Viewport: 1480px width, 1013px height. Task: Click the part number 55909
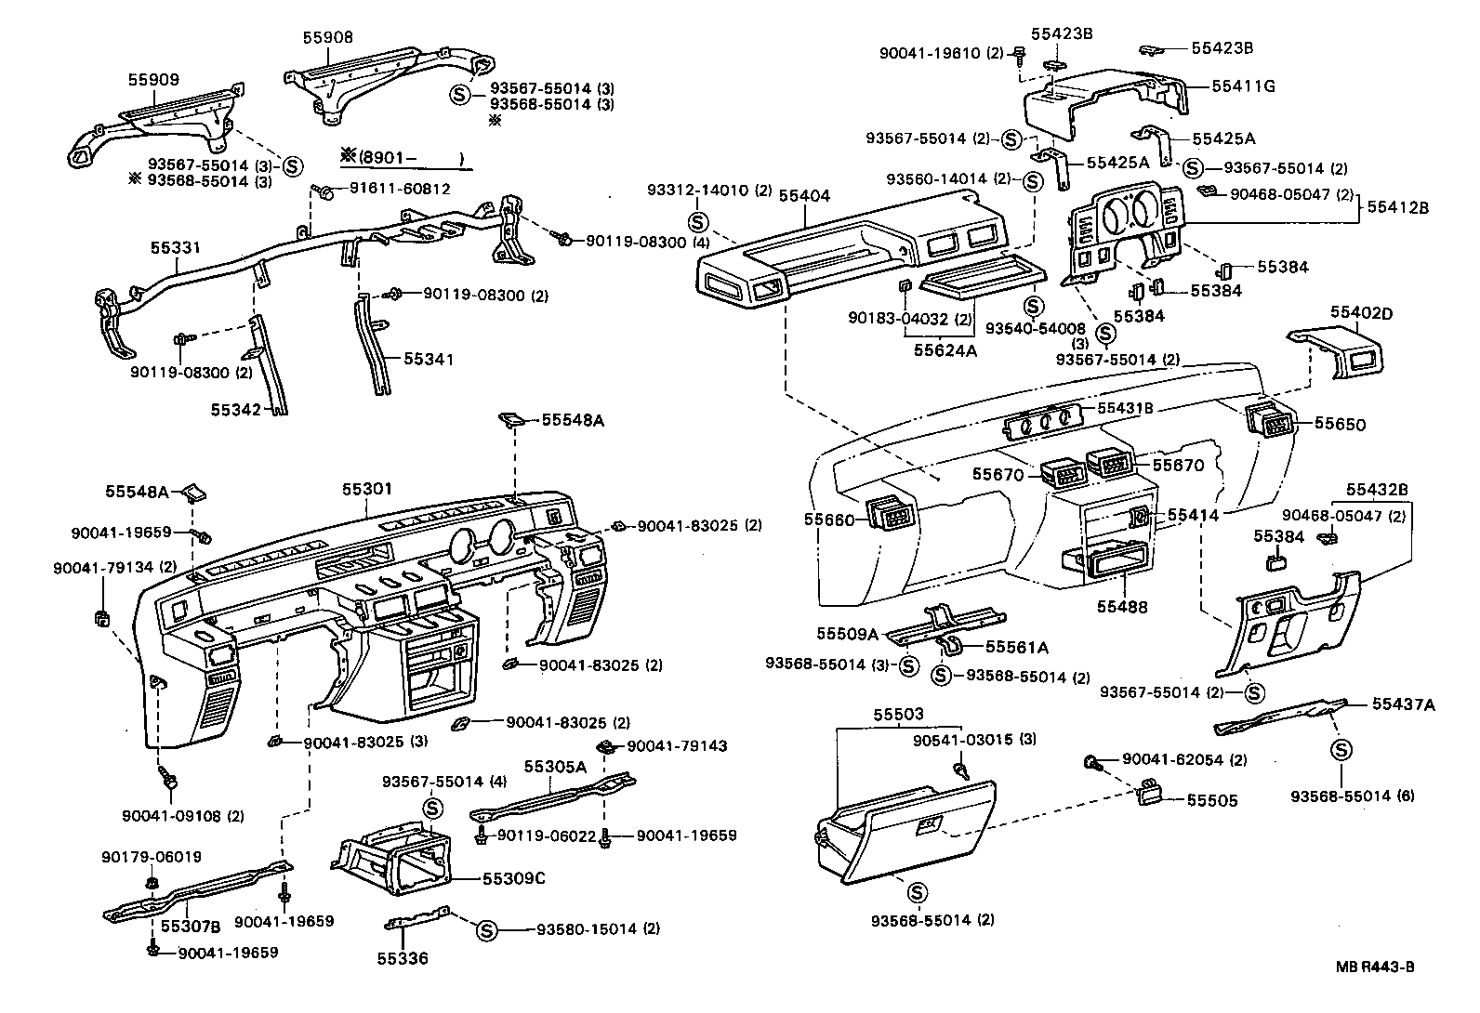click(153, 81)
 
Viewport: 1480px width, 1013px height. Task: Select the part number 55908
click(328, 38)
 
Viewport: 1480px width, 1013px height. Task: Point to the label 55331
click(177, 248)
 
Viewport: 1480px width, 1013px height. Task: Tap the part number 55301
click(367, 489)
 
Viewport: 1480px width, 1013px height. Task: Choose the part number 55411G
click(1243, 86)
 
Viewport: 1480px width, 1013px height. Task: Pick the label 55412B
click(1397, 207)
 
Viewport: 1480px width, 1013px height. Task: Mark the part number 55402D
click(1361, 313)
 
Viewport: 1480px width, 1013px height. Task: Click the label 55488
click(1122, 607)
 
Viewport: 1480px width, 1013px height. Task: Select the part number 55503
click(898, 715)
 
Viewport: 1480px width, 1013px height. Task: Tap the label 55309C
click(513, 878)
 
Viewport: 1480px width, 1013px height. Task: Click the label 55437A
click(1403, 704)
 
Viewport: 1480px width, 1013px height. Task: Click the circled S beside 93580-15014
click(486, 929)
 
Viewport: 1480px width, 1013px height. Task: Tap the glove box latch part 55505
click(1151, 791)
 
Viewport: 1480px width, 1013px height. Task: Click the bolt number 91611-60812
click(400, 189)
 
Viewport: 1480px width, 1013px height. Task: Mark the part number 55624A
click(945, 350)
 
